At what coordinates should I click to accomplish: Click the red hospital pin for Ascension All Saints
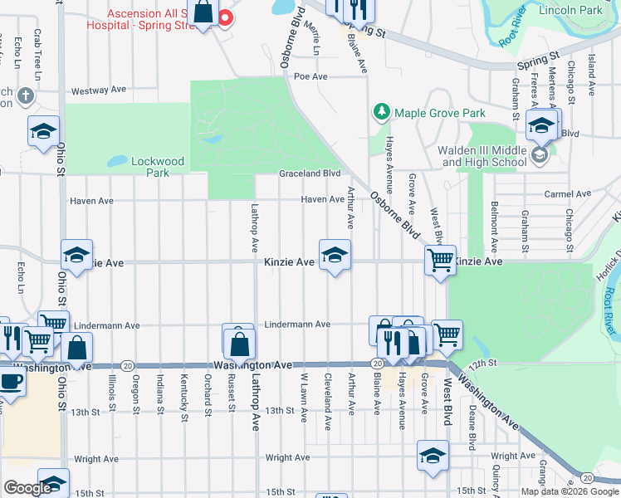(x=224, y=17)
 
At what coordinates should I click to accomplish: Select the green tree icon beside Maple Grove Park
(x=381, y=111)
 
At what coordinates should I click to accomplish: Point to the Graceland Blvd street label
(x=310, y=173)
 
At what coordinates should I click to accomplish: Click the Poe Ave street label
(x=310, y=76)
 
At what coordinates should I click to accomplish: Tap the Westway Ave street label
(x=98, y=91)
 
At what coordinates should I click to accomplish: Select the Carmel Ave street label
(x=567, y=194)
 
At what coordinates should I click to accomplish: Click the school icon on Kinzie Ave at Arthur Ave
(x=335, y=255)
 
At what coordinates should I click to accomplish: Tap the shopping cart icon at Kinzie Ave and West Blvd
(x=440, y=259)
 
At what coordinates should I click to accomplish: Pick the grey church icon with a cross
(x=25, y=95)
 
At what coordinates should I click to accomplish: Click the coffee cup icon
(x=9, y=381)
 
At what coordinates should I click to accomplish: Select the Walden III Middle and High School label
(x=484, y=157)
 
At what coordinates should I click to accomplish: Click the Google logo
(x=27, y=488)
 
